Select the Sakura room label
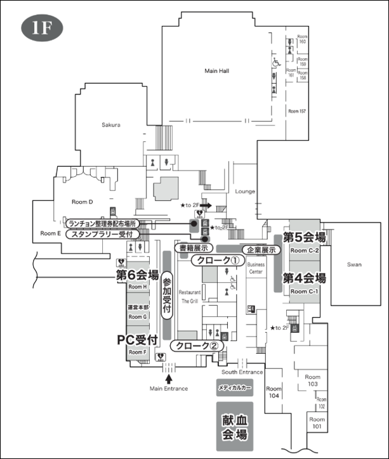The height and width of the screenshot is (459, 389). click(x=110, y=125)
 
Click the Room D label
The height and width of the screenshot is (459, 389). click(x=82, y=202)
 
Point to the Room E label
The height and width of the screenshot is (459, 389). click(x=50, y=233)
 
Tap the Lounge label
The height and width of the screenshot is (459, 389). click(x=244, y=191)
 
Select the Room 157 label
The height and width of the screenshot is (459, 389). click(x=297, y=111)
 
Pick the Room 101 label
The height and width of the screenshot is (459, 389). click(x=315, y=423)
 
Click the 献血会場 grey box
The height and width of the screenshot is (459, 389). click(x=234, y=427)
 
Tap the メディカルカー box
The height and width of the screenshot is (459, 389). click(x=234, y=386)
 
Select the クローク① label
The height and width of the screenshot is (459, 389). click(x=217, y=261)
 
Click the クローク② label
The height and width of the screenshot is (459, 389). click(x=197, y=346)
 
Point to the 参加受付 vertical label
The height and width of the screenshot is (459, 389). click(x=168, y=295)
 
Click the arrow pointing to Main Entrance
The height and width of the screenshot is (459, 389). click(x=169, y=378)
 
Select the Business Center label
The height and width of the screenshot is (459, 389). click(x=256, y=268)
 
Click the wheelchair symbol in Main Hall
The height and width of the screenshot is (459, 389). click(x=276, y=63)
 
